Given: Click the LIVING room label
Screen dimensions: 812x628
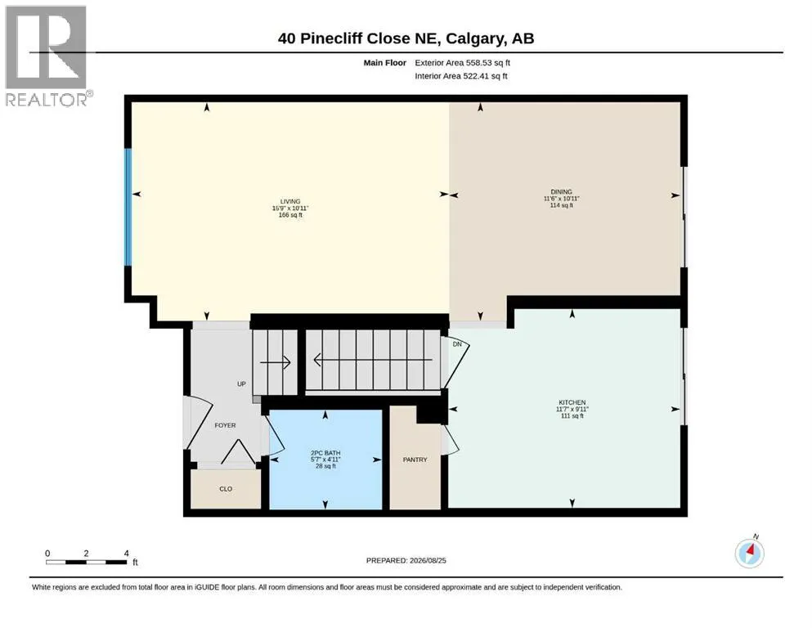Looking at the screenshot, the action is tap(290, 201).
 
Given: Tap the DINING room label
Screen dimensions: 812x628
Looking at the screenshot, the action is tap(561, 191).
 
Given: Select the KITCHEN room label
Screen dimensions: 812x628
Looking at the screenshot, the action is tap(572, 402).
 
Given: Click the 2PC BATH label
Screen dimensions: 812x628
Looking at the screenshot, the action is tap(325, 452).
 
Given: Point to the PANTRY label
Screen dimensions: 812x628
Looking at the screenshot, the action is tap(415, 460).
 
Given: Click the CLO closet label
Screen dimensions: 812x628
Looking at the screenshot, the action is tap(226, 489).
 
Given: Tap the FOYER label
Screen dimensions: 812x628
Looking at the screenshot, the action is tap(225, 425).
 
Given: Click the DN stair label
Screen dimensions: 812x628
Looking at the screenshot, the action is tap(457, 344).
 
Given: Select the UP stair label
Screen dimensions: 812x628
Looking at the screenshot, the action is tap(241, 384).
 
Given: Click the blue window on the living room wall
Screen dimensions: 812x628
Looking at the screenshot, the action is tap(128, 208).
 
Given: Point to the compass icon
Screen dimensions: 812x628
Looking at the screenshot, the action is tap(750, 553).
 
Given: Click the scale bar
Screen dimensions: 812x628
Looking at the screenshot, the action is tap(87, 562).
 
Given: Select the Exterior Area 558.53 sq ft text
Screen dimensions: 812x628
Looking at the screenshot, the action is tap(463, 63).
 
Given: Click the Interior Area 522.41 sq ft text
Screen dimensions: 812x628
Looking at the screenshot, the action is tap(461, 76).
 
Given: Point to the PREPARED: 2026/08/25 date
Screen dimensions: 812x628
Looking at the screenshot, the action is tap(406, 560).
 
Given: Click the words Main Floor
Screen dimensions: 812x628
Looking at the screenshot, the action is tap(385, 63).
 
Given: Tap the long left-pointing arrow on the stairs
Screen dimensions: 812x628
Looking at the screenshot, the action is tap(373, 359).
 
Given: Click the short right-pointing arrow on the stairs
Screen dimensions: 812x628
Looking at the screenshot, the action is tap(275, 362).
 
